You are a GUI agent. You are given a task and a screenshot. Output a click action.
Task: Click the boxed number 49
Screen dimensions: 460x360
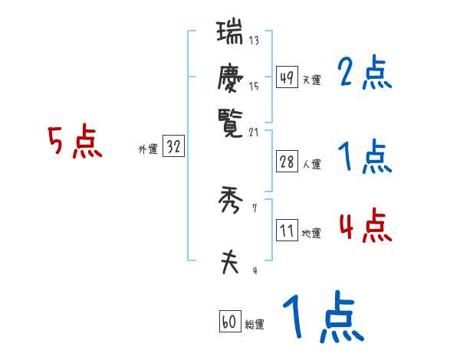(287, 77)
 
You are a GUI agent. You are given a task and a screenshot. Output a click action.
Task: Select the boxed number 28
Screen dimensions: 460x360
(287, 162)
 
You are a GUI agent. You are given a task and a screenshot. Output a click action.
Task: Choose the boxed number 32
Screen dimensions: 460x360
(173, 147)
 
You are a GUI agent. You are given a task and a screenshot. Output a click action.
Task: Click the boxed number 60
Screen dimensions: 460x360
(229, 322)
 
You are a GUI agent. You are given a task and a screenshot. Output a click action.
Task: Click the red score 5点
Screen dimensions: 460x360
(76, 143)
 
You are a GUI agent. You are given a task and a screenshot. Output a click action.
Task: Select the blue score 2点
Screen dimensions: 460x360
(365, 74)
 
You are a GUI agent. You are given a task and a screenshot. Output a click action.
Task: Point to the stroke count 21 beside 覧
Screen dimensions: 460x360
(254, 132)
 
